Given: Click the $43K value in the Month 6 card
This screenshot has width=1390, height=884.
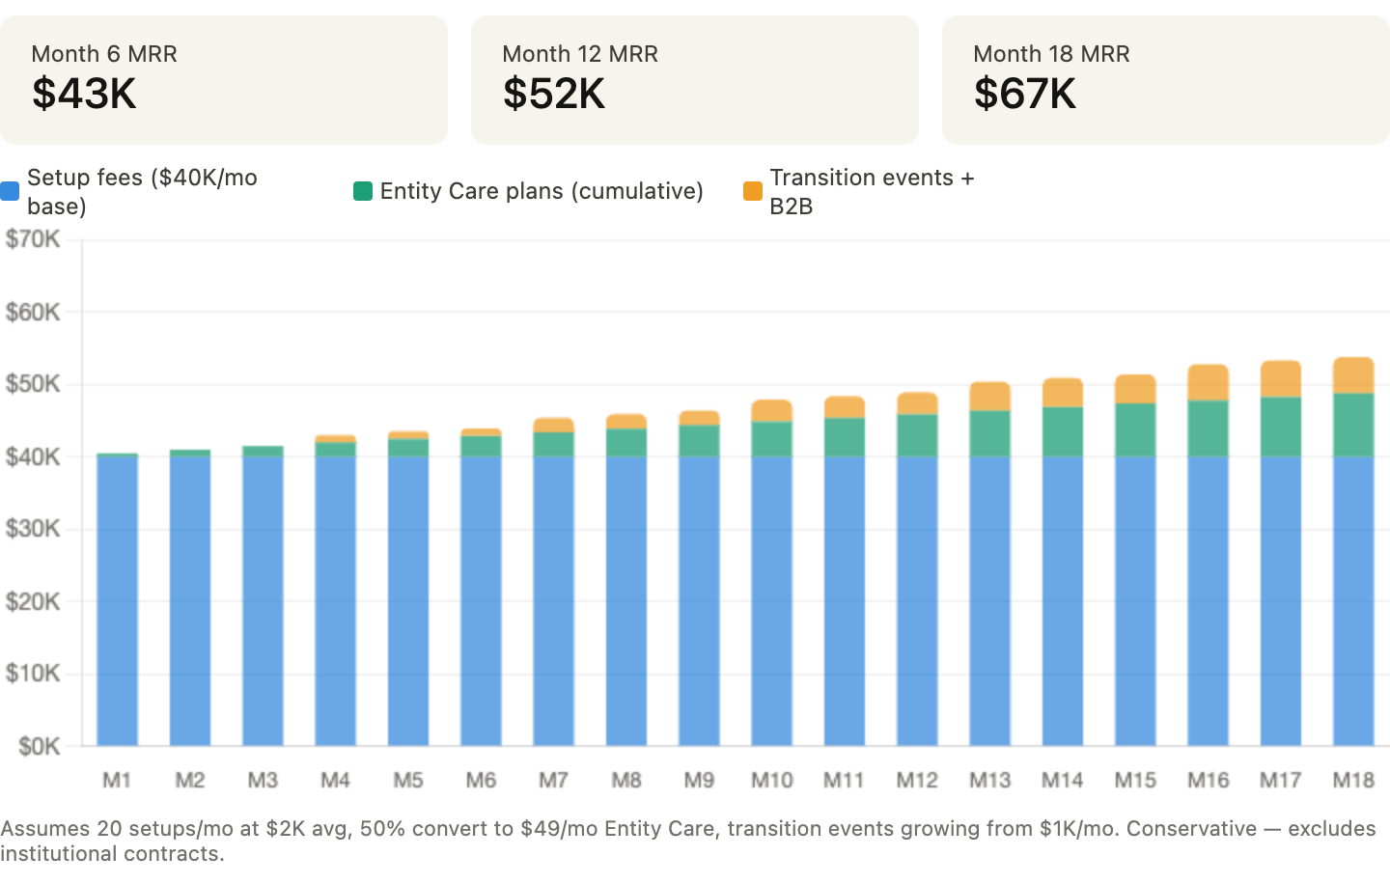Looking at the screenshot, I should pyautogui.click(x=84, y=94).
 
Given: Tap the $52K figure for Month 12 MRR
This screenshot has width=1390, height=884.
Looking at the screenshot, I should pyautogui.click(x=554, y=94).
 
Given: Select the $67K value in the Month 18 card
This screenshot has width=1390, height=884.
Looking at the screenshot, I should pyautogui.click(x=1025, y=94).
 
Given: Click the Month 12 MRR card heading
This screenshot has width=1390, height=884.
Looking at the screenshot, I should pyautogui.click(x=580, y=54).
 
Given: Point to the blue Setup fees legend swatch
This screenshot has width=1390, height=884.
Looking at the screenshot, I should pyautogui.click(x=11, y=191).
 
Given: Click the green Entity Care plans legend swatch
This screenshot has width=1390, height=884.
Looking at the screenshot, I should pyautogui.click(x=363, y=191).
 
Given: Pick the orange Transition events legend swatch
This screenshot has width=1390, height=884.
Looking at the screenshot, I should pyautogui.click(x=753, y=191).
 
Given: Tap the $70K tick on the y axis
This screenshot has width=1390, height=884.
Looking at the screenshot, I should pyautogui.click(x=33, y=239).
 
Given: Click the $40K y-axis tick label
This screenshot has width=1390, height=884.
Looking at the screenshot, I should pyautogui.click(x=33, y=456).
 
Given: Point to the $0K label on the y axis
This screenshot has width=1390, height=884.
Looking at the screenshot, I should pyautogui.click(x=40, y=746).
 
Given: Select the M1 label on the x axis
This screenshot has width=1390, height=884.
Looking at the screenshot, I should pyautogui.click(x=116, y=780).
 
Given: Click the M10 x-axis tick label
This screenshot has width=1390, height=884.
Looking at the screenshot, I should pyautogui.click(x=771, y=780).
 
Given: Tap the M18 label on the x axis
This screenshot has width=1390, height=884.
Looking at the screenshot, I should pyautogui.click(x=1353, y=780).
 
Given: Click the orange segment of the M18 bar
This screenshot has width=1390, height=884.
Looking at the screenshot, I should pyautogui.click(x=1353, y=374).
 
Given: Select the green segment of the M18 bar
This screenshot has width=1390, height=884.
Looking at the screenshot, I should pyautogui.click(x=1353, y=425).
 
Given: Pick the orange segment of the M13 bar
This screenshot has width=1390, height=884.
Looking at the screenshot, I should pyautogui.click(x=990, y=395).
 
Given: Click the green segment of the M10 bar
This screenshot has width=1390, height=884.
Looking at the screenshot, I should pyautogui.click(x=772, y=438).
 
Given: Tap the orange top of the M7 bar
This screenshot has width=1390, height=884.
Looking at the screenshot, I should pyautogui.click(x=554, y=424).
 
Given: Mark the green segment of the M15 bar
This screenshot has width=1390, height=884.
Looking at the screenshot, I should pyautogui.click(x=1135, y=429).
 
